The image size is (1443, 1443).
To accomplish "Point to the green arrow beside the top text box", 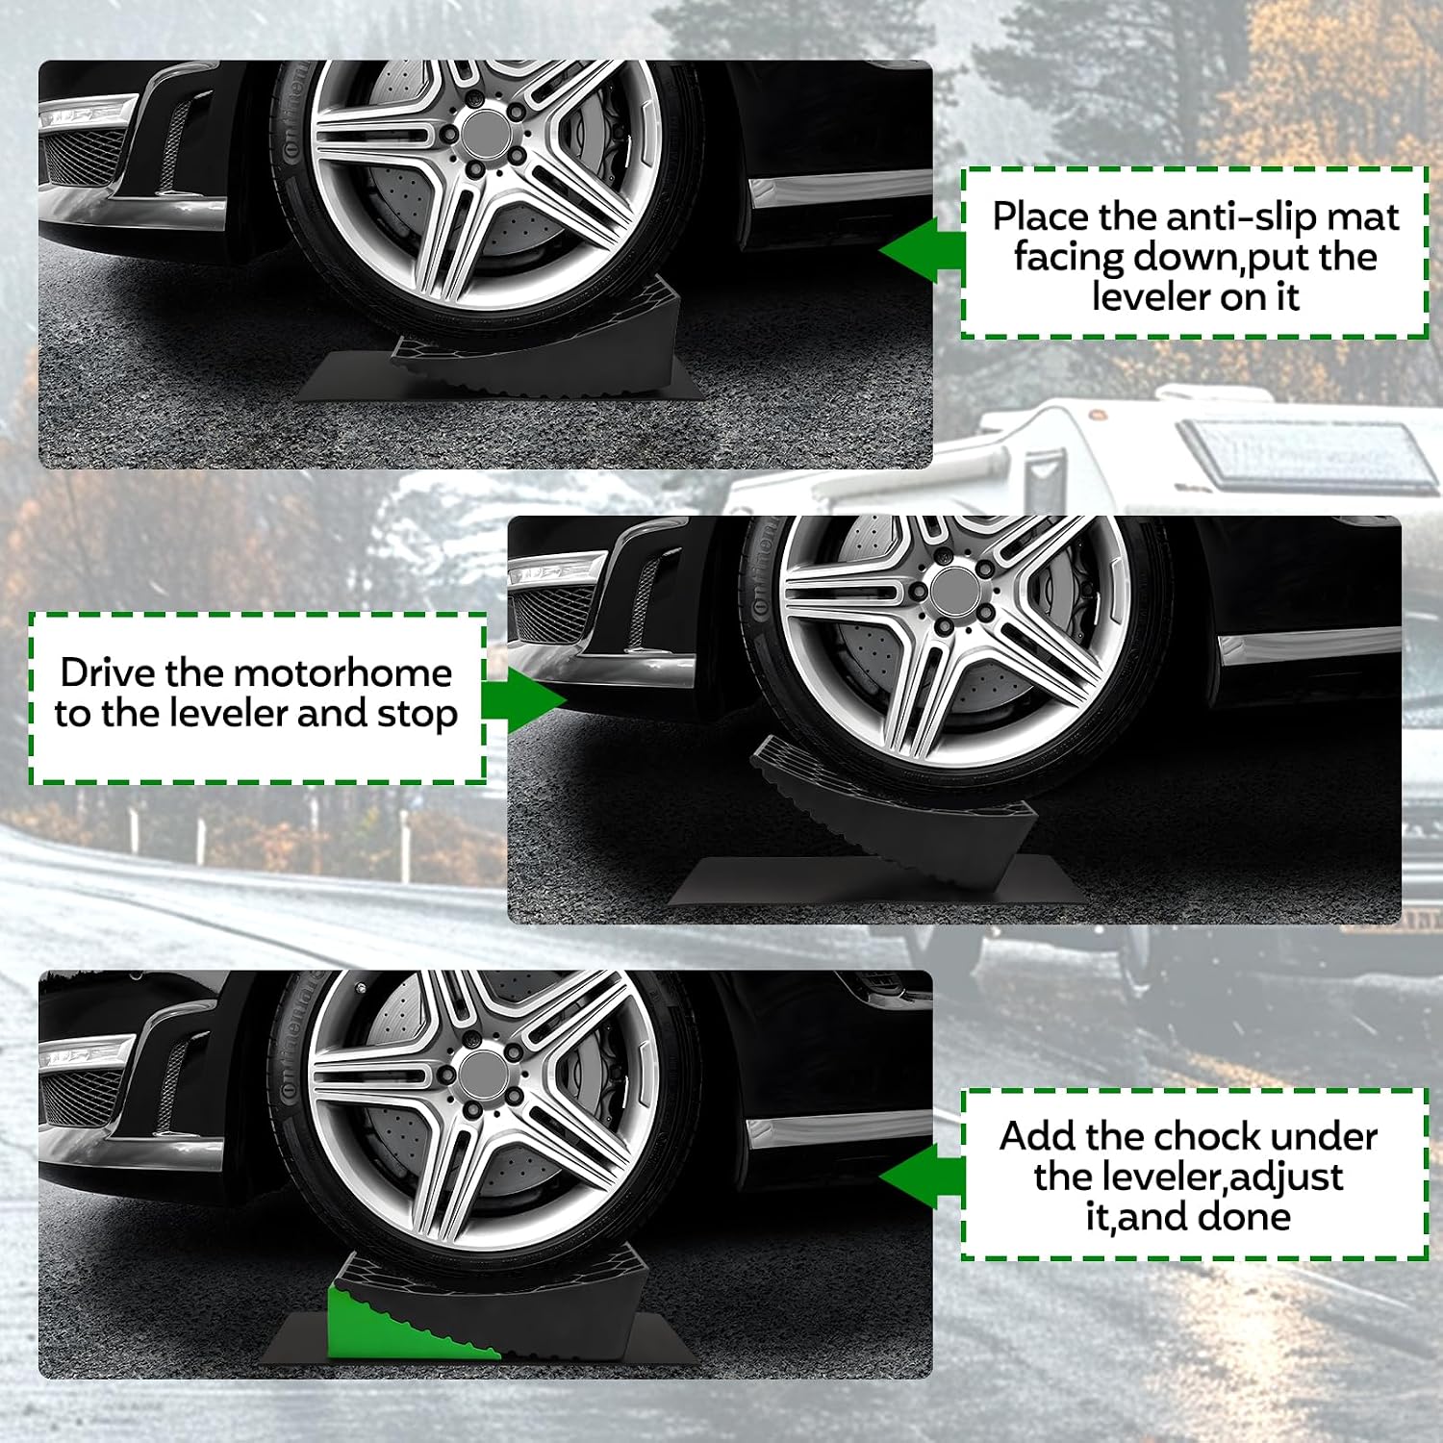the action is [922, 250].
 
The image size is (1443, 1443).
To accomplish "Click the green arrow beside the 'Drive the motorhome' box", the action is [523, 699].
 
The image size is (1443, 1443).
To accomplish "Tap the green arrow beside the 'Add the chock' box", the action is [922, 1176].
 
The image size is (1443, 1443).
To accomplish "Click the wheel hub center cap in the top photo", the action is [489, 128].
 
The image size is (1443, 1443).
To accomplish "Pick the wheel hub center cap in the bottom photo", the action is [487, 1074].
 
